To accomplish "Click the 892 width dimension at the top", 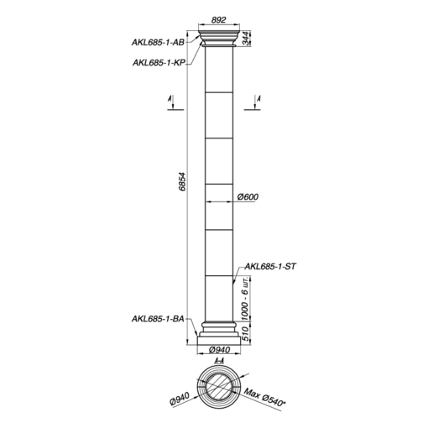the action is click(x=218, y=20).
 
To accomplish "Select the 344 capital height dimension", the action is click(x=245, y=39).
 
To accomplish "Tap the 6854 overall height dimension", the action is click(x=182, y=181).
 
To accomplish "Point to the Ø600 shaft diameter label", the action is click(x=248, y=196).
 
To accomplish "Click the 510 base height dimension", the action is click(x=245, y=333).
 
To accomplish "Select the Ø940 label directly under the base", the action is click(x=219, y=350).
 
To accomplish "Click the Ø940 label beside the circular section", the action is click(x=180, y=399).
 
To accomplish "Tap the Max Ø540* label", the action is click(x=264, y=397).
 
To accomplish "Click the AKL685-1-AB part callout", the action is click(x=158, y=42).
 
